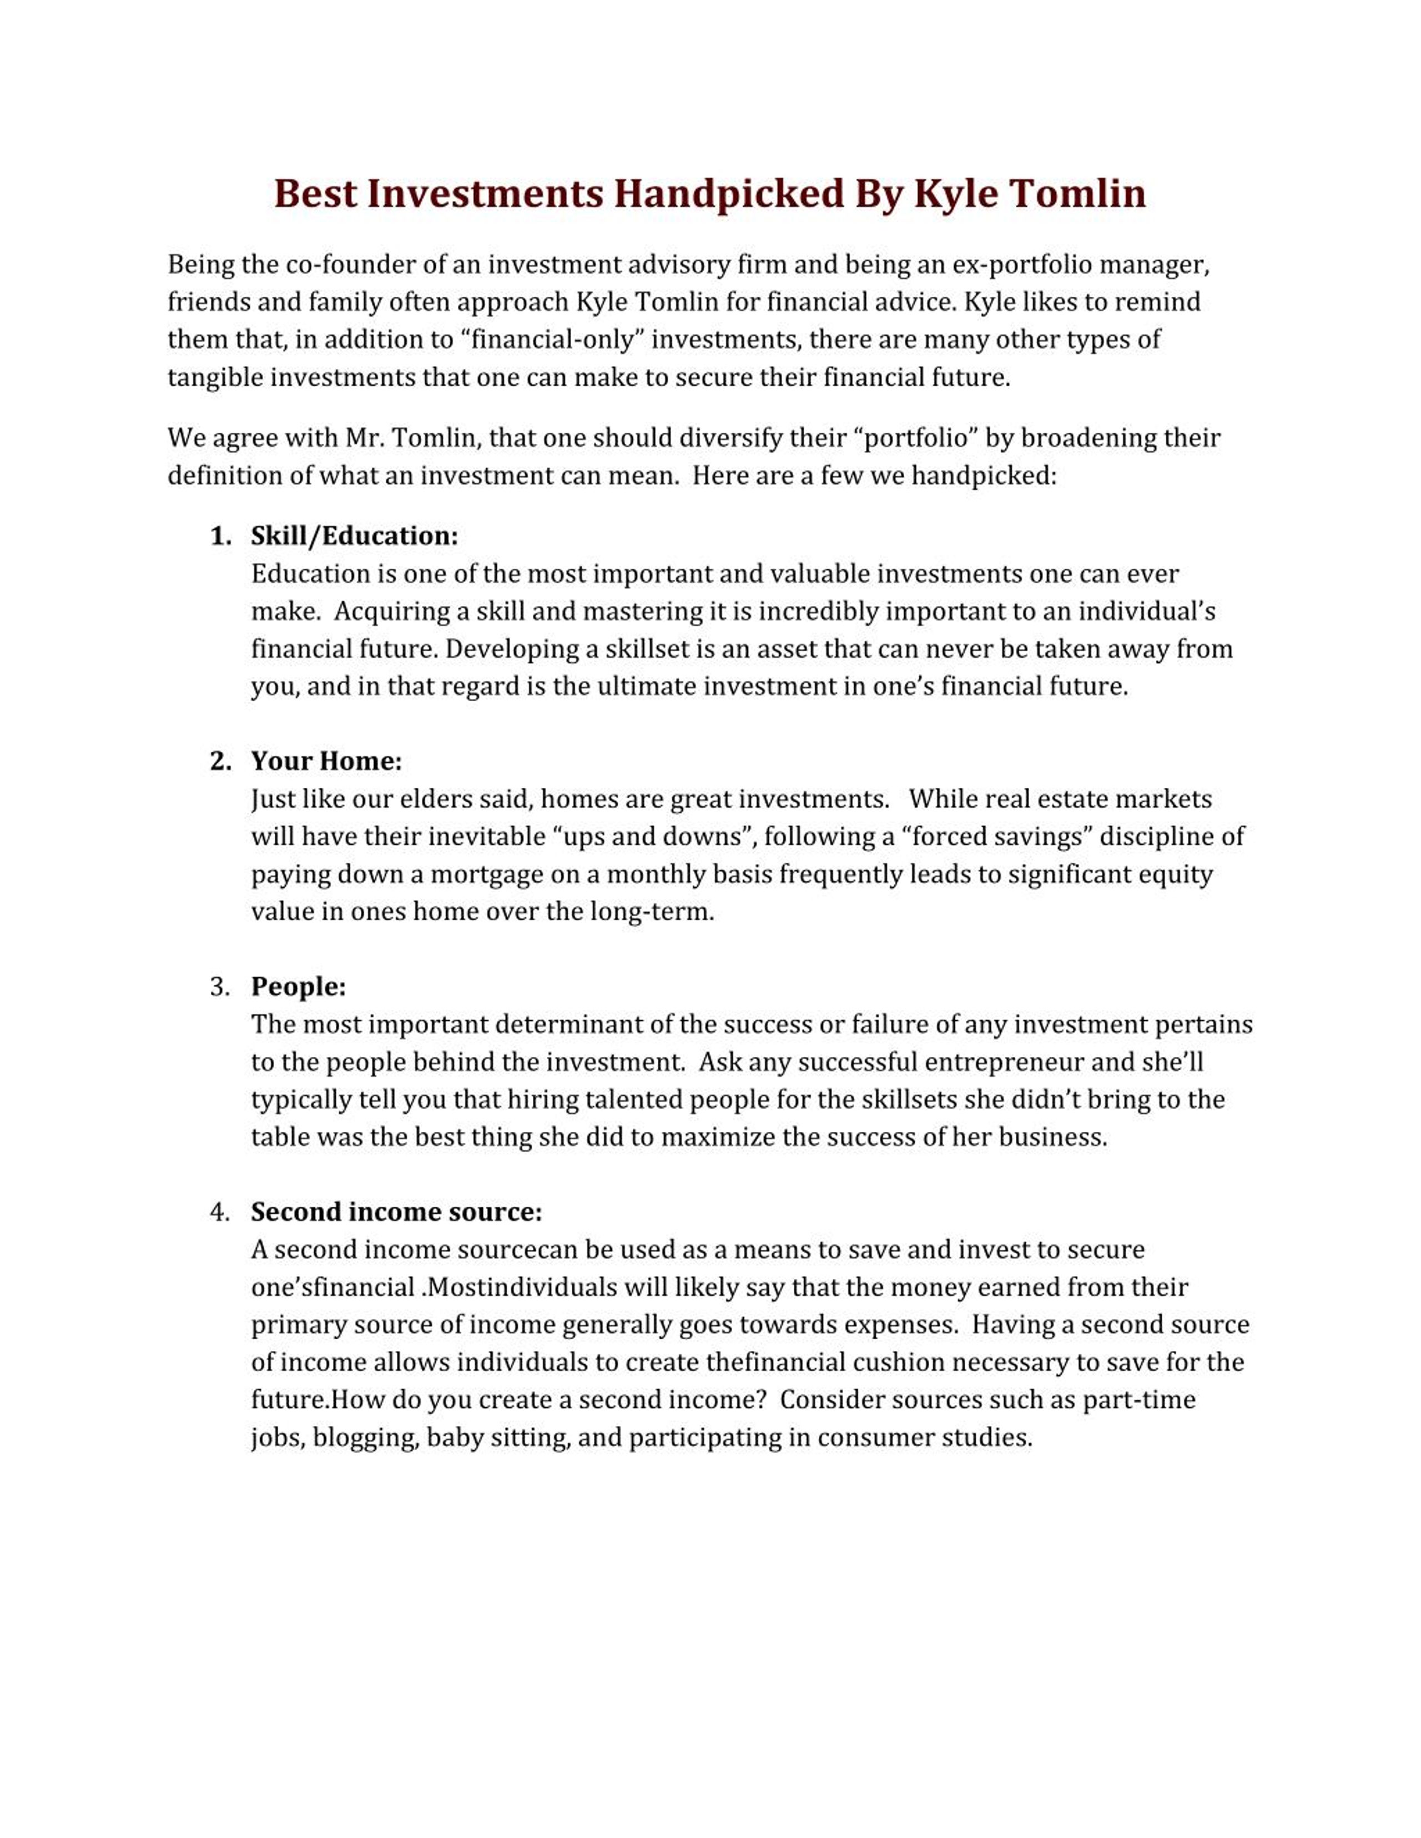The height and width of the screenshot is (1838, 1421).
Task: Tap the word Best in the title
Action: pyautogui.click(x=315, y=194)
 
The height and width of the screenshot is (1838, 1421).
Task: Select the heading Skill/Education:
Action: pyautogui.click(x=354, y=536)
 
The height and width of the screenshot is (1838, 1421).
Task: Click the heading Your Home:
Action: pyautogui.click(x=326, y=762)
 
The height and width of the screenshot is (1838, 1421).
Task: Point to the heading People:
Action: pyautogui.click(x=298, y=986)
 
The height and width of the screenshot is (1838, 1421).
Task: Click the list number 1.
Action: pyautogui.click(x=220, y=536)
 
